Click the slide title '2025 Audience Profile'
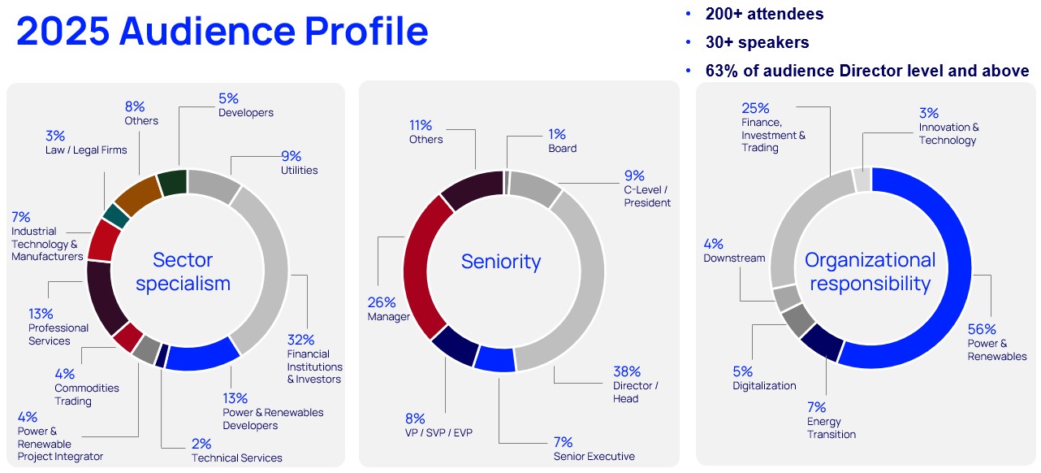point(222,31)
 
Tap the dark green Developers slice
point(172,182)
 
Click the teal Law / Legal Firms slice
point(116,215)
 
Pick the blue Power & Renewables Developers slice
point(201,356)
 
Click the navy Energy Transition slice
point(821,341)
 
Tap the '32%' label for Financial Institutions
point(300,340)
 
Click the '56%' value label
point(981,329)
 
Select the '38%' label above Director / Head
point(626,371)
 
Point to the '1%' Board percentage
point(556,134)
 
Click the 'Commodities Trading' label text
point(87,394)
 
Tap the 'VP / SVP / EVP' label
point(438,433)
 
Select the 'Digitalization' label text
point(764,385)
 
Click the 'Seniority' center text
point(501,261)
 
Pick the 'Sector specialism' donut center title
point(184,271)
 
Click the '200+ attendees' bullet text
point(763,14)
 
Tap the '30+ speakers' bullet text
point(756,42)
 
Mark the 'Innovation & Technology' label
point(948,133)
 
